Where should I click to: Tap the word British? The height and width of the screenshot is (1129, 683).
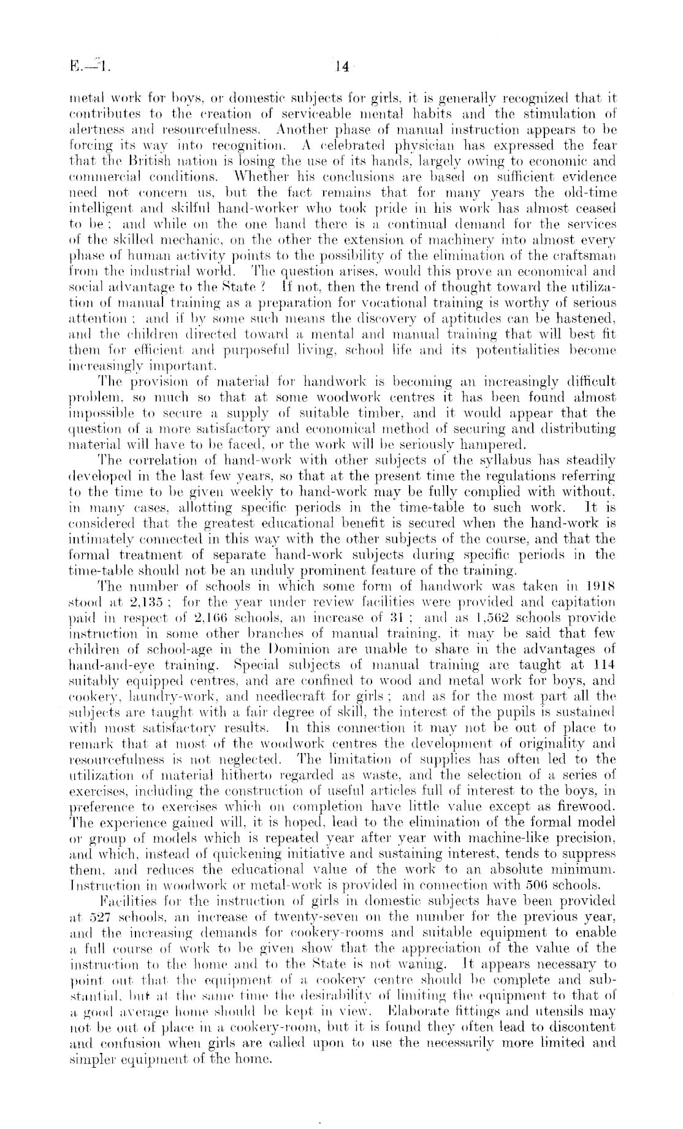[140, 161]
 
